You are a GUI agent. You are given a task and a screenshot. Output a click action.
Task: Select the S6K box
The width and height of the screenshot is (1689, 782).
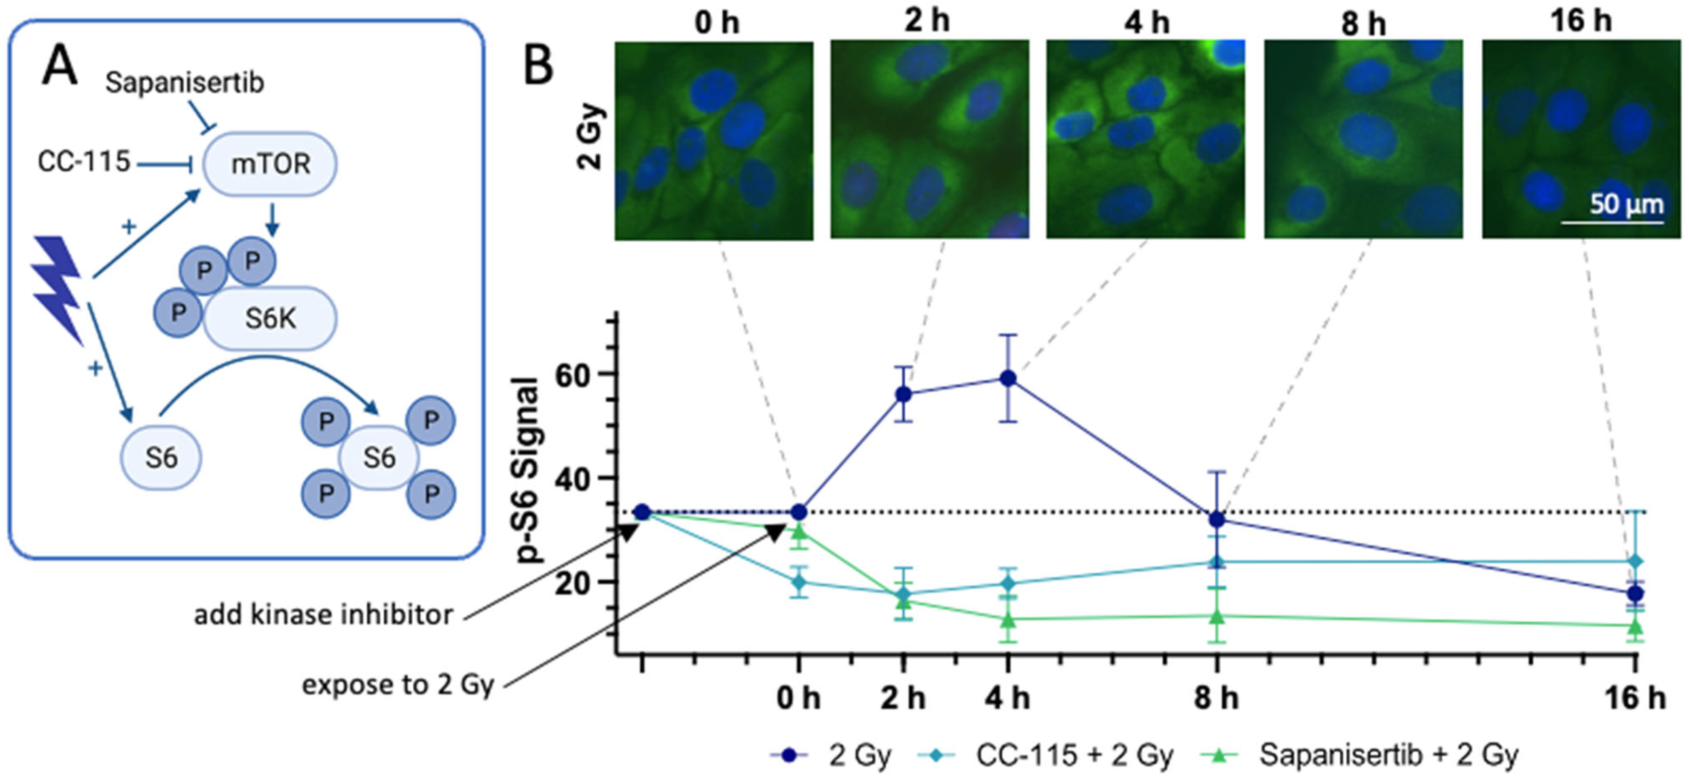[270, 319]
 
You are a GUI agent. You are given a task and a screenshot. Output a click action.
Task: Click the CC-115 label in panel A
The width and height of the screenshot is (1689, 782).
[84, 162]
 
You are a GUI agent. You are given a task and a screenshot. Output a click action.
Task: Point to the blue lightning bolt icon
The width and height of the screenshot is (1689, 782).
[58, 289]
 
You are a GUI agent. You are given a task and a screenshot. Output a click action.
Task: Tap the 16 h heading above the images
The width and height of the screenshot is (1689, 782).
[1580, 21]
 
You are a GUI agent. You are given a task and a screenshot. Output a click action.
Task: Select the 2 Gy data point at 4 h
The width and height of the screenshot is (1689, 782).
[1008, 379]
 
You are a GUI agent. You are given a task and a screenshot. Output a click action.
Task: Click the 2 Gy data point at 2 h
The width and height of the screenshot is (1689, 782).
[904, 394]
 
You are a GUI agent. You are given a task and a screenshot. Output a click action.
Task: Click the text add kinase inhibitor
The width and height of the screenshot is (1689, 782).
[323, 615]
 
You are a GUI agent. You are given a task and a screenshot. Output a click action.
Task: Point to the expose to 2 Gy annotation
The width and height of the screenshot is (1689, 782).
[397, 685]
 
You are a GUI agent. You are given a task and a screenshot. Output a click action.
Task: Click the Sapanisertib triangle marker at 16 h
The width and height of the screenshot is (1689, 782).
[1635, 627]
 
